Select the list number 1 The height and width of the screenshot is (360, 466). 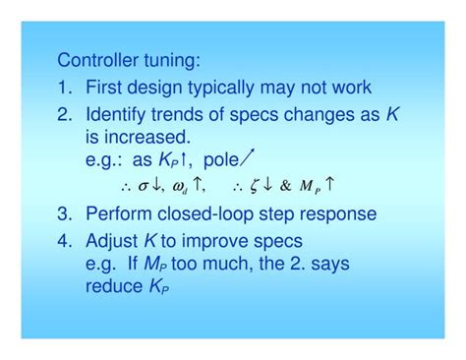(64, 88)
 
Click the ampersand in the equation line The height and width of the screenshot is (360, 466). (285, 183)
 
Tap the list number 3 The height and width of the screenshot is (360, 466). (64, 213)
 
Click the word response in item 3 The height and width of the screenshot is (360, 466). (339, 213)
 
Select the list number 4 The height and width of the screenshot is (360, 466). (64, 240)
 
